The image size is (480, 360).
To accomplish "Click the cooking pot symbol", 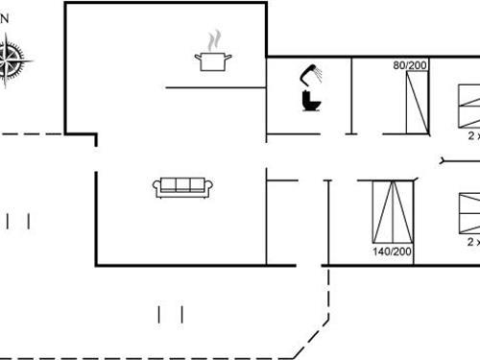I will [x=213, y=61].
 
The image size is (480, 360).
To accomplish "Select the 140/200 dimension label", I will [x=392, y=252].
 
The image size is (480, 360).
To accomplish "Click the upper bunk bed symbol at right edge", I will [x=468, y=106].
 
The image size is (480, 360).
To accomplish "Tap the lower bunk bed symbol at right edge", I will [x=468, y=213].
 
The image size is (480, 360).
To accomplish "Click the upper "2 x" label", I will [x=473, y=137].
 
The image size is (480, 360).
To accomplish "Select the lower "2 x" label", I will [x=473, y=243].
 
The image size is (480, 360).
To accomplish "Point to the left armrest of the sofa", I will [x=156, y=188].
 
